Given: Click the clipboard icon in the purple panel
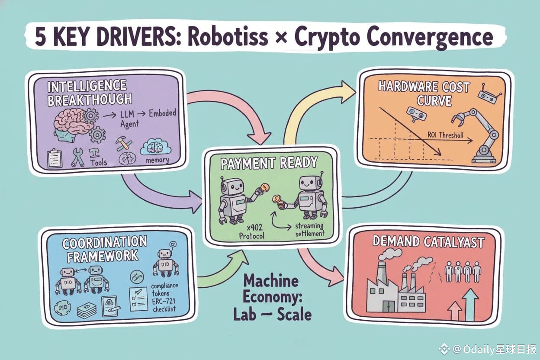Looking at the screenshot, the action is pyautogui.click(x=55, y=158).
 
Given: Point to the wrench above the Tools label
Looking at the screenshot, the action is pyautogui.click(x=78, y=157).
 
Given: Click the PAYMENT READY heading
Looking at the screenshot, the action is pyautogui.click(x=270, y=163).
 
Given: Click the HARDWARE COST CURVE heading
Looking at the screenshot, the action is pyautogui.click(x=424, y=93).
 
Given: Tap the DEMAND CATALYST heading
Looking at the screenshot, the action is pyautogui.click(x=428, y=242).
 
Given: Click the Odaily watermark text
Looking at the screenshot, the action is pyautogui.click(x=489, y=349).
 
